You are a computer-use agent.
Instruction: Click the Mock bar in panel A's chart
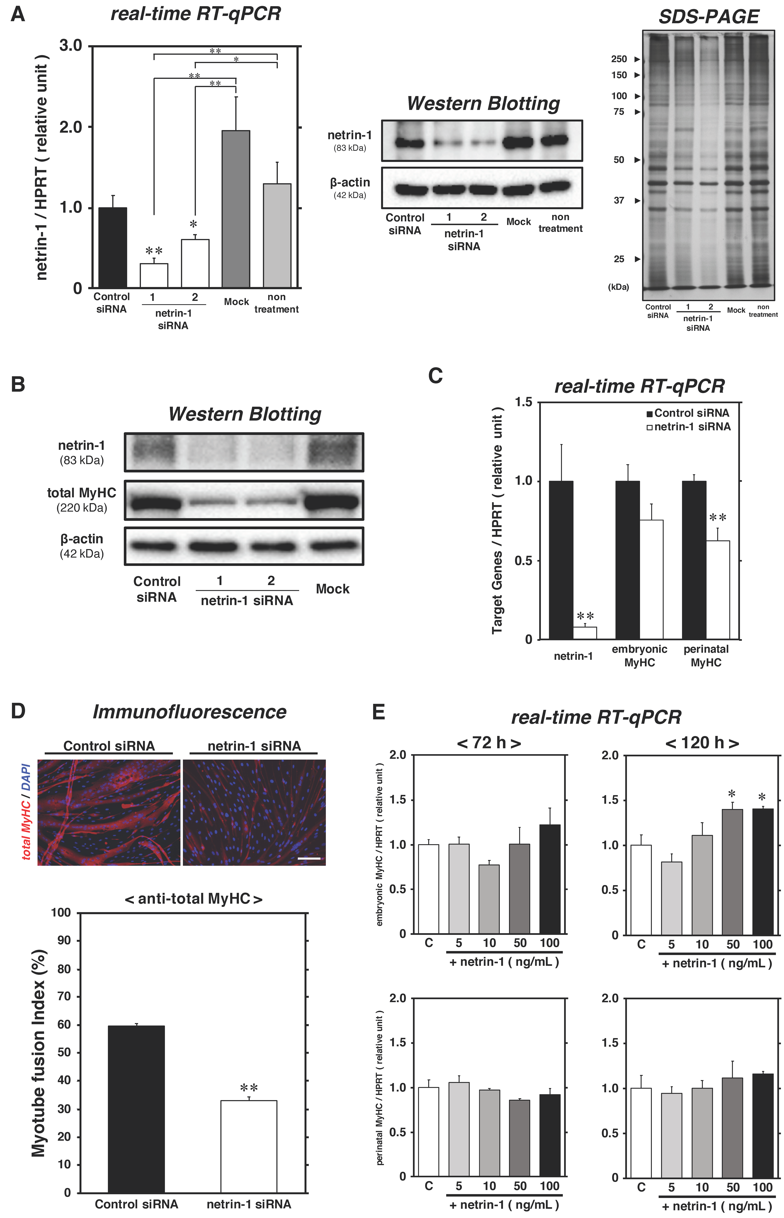(236, 209)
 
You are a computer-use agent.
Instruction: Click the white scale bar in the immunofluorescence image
(309, 858)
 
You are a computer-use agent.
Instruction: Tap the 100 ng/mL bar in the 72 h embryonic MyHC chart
(550, 879)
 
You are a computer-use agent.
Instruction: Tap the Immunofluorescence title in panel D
(189, 712)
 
